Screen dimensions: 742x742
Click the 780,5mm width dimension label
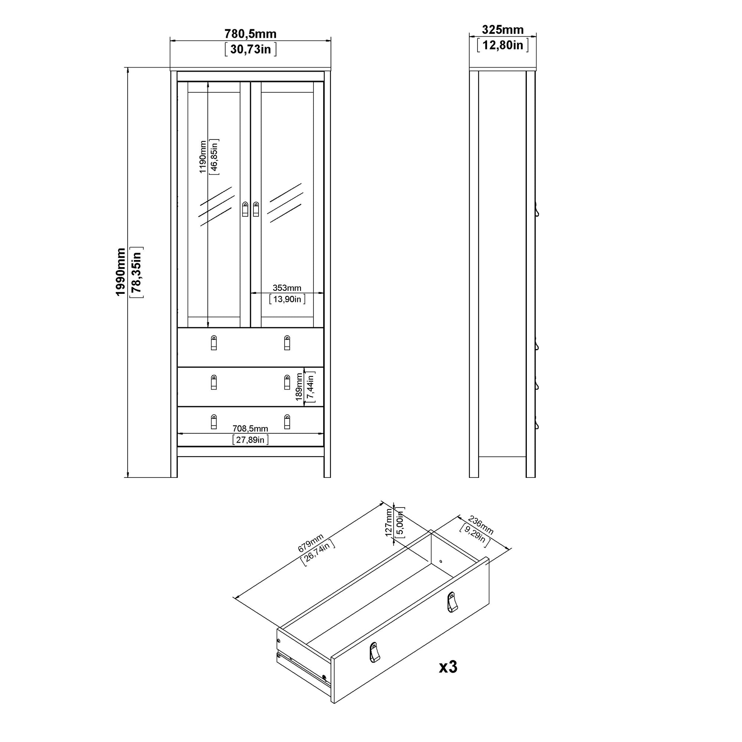250,34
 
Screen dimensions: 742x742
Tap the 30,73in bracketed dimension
250,49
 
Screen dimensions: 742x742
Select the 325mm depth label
503,30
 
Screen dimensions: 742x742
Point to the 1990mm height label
121,272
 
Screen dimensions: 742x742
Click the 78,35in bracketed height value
137,272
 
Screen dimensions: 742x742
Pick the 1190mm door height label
203,157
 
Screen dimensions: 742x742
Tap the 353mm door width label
287,288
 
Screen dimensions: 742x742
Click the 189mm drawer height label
299,387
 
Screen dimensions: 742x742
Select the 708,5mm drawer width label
250,429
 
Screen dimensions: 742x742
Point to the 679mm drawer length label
311,543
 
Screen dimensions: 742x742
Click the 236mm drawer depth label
480,525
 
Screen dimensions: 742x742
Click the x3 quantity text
448,667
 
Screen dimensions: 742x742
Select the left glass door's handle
245,209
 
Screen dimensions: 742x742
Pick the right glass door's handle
256,209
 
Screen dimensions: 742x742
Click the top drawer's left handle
214,343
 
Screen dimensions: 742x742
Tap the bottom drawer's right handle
287,422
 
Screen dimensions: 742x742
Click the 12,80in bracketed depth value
503,45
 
